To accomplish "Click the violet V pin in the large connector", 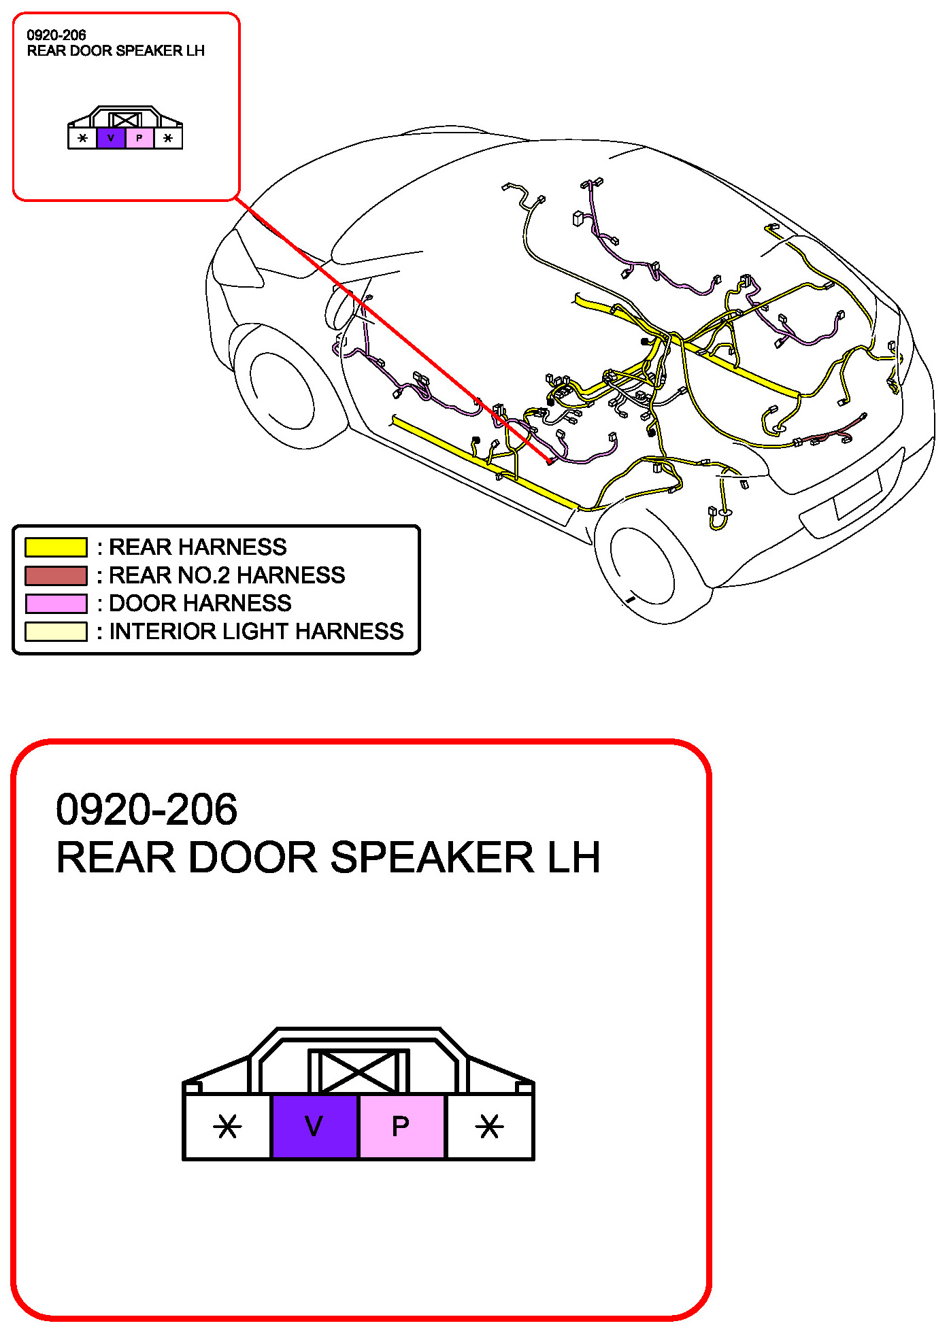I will pos(314,1127).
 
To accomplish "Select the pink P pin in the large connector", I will pos(401,1127).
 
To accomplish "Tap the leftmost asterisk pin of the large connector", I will pos(227,1127).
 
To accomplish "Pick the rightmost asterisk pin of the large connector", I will pos(489,1127).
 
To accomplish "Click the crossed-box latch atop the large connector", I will pos(359,1072).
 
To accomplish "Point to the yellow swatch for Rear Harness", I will pos(56,547).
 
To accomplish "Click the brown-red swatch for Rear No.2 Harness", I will pos(56,575).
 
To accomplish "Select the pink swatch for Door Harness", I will pos(56,603).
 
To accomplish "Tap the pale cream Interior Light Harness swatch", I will pos(56,632).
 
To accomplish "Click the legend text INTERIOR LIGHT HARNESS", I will pos(256,632).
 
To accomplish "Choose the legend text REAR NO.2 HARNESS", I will pos(227,575).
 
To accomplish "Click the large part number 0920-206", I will pos(146,809).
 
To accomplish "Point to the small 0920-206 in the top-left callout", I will pos(56,35).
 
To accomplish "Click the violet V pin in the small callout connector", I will pos(111,139).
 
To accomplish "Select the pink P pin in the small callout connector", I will pos(139,139).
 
